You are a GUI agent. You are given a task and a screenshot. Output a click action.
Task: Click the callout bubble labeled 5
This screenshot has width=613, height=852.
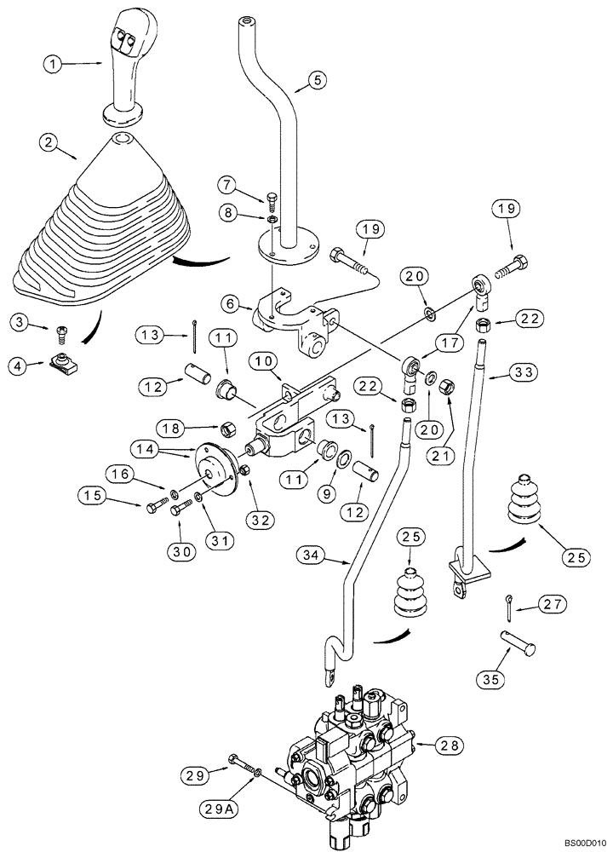pyautogui.click(x=315, y=81)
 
